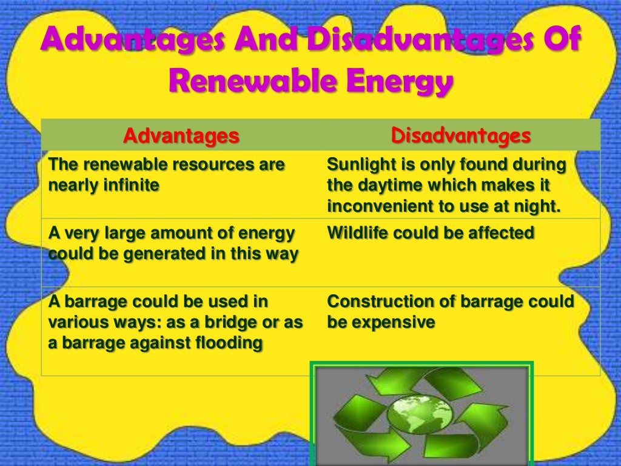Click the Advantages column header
(181, 136)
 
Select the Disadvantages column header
(461, 135)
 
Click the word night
(535, 206)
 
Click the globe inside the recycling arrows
(420, 417)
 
